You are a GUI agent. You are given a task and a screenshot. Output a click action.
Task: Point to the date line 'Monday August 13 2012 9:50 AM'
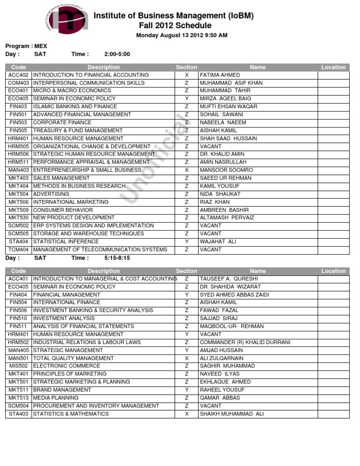[x=181, y=36]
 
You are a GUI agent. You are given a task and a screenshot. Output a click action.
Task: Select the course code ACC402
[x=18, y=75]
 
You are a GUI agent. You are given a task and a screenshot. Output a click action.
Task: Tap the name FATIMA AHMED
[x=220, y=75]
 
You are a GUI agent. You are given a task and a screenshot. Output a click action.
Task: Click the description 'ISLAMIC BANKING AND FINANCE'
[x=75, y=107]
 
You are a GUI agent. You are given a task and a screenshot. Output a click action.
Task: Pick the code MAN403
[x=18, y=170]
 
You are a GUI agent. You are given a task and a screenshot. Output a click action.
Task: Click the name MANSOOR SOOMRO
[x=226, y=170]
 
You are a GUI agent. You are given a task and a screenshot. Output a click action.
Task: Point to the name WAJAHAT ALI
[x=218, y=241]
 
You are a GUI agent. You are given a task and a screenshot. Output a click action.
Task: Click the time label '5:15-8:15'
[x=117, y=258]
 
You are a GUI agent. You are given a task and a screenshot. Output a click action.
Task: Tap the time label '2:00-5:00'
[x=117, y=54]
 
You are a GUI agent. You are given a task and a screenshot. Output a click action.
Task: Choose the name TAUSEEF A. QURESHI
[x=229, y=278]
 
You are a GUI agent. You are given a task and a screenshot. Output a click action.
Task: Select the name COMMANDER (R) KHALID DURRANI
[x=245, y=342]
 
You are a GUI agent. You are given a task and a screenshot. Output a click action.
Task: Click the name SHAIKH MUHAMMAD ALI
[x=232, y=413]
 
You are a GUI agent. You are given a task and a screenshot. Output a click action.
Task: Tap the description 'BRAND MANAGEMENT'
[x=62, y=390]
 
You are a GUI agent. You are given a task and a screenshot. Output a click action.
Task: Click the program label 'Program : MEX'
[x=26, y=46]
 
